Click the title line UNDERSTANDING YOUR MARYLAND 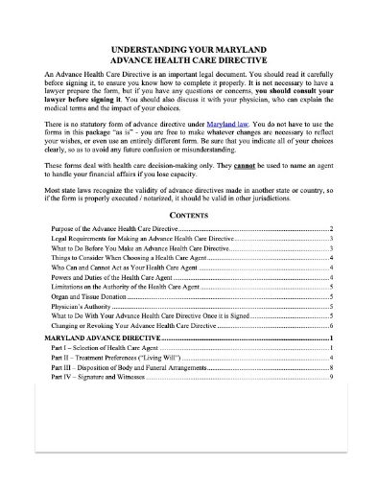pyautogui.click(x=189, y=47)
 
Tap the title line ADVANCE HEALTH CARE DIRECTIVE pyautogui.click(x=189, y=58)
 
